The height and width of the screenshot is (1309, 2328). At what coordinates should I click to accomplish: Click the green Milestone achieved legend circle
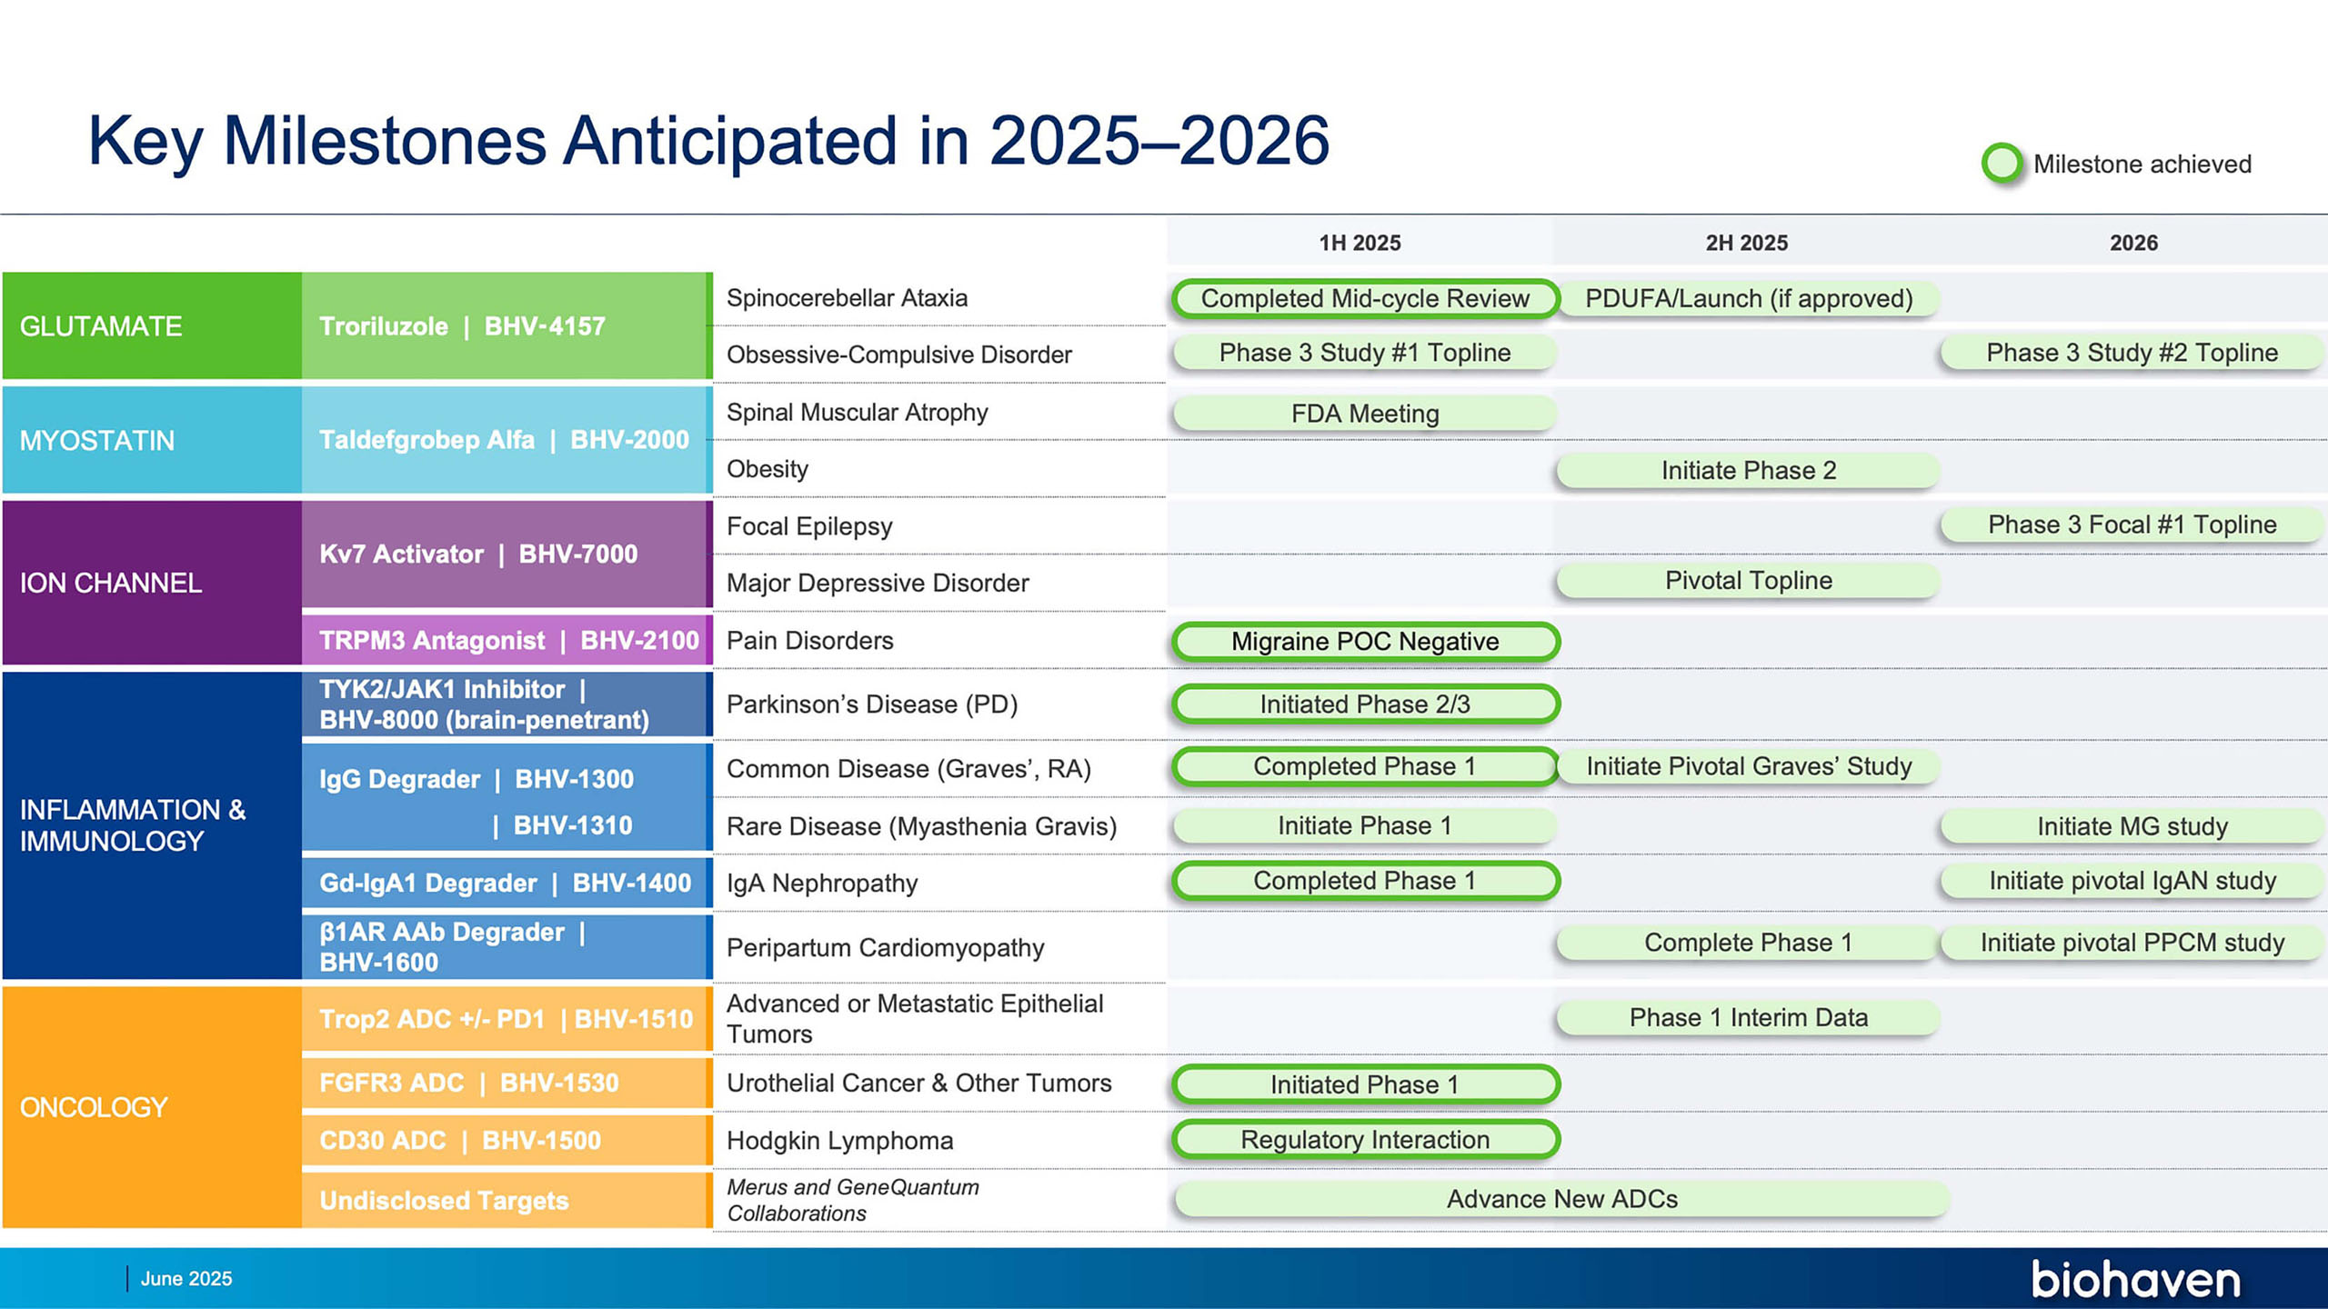point(2002,164)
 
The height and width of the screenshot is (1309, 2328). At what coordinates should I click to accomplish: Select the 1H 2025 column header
point(1360,243)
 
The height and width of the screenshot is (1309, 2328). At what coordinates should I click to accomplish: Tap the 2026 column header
point(2133,243)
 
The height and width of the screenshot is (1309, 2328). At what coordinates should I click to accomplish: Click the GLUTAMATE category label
point(101,326)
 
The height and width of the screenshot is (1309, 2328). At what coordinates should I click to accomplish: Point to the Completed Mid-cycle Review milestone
point(1365,298)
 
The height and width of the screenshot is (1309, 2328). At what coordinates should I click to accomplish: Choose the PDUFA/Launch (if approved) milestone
point(1749,298)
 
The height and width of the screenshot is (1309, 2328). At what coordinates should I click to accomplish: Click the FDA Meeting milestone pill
point(1365,414)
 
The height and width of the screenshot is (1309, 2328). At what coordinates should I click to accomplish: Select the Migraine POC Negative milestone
point(1365,641)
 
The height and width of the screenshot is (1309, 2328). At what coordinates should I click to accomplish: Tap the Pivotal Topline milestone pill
point(1749,580)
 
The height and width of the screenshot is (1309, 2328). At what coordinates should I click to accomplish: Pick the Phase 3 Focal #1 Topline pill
point(2132,525)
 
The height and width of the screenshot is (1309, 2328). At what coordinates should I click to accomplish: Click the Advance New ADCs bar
point(1562,1199)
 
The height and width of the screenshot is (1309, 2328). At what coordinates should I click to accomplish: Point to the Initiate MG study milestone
point(2132,826)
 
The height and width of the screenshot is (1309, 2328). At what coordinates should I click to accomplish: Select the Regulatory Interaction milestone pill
point(1365,1139)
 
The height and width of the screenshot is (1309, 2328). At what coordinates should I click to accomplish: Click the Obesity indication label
point(767,469)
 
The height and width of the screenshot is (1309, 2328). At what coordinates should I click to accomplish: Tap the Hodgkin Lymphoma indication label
point(839,1141)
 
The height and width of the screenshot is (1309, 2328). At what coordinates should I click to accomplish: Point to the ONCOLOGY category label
point(94,1107)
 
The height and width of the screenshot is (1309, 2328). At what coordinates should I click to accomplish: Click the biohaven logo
point(2136,1279)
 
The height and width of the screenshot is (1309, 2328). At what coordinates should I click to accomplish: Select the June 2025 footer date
point(186,1278)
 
